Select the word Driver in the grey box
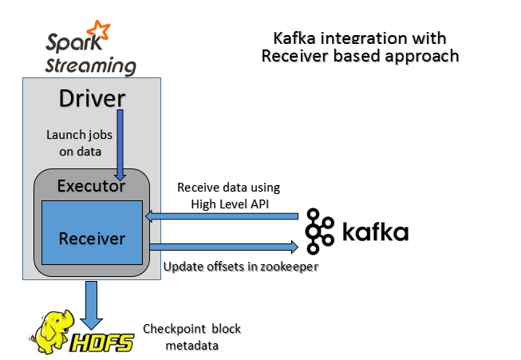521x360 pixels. (93, 99)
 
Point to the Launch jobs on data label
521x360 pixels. (77, 142)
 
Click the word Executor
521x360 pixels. (91, 187)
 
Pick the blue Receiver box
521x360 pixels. (92, 238)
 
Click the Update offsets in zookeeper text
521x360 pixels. (241, 266)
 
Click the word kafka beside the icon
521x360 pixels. (375, 233)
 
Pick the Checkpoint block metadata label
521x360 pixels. (191, 337)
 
